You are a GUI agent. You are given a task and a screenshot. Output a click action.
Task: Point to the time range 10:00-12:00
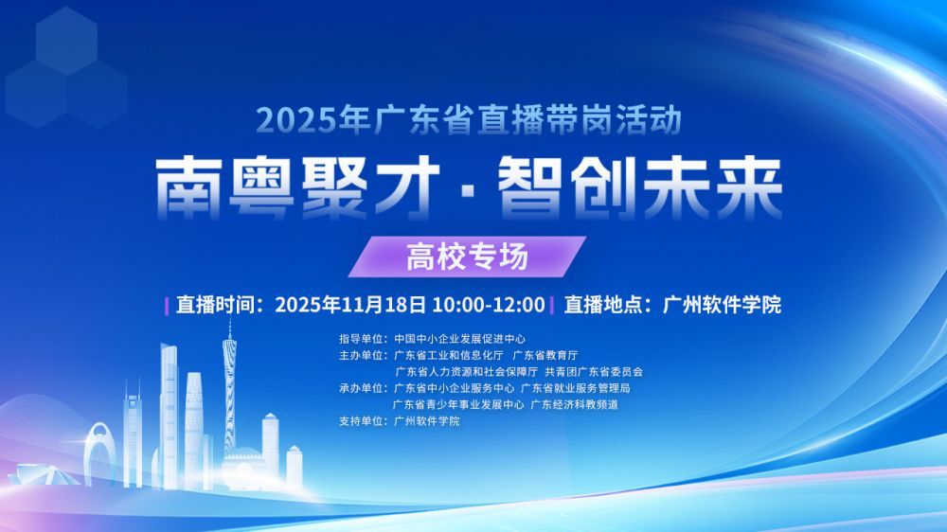488,305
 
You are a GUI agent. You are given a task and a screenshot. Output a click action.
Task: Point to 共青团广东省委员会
599,372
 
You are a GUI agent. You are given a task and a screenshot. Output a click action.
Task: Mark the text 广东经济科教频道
574,404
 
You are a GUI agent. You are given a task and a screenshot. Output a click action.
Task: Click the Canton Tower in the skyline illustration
229,388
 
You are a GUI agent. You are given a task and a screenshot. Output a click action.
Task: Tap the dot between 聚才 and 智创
470,187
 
